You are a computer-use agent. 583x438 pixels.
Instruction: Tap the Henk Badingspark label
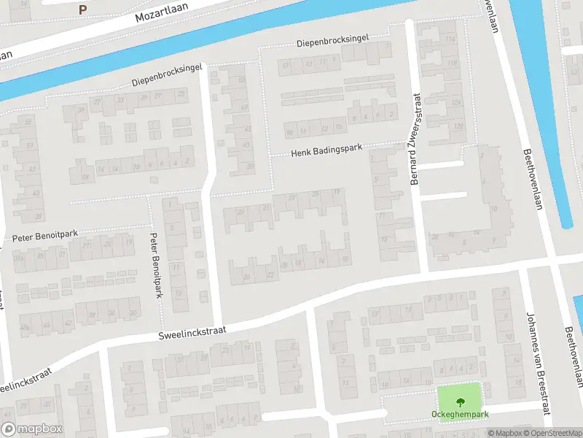[326, 151]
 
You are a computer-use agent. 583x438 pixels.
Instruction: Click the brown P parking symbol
[82, 9]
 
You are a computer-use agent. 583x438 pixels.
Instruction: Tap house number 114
[451, 39]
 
